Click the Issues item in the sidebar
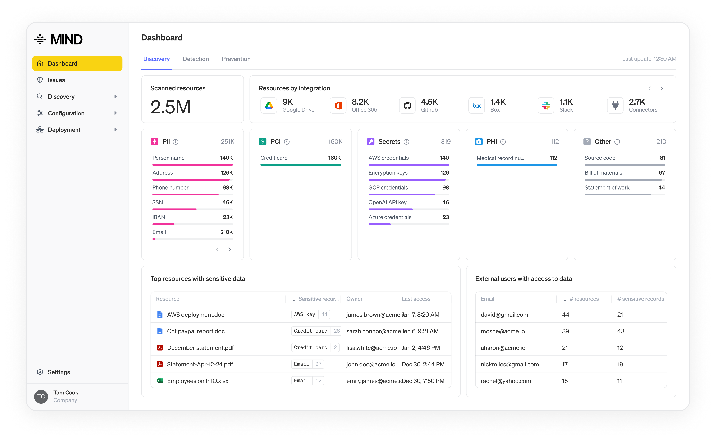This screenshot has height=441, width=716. [56, 80]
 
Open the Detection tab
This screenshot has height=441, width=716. [196, 59]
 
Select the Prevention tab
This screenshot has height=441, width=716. [236, 59]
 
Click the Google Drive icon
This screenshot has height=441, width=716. [269, 106]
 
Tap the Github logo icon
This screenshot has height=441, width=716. [407, 106]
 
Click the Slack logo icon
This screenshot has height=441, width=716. [546, 106]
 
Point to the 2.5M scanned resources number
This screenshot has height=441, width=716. [170, 107]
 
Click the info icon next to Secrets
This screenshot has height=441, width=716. [406, 142]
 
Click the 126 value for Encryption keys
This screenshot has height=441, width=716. [444, 173]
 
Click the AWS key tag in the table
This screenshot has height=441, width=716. [305, 315]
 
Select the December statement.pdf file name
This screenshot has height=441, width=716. [200, 348]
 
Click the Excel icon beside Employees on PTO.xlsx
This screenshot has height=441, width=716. [159, 381]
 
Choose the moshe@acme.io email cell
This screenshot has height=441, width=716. [503, 331]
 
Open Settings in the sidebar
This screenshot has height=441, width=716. [59, 372]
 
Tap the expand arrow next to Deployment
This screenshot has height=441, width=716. [116, 130]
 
